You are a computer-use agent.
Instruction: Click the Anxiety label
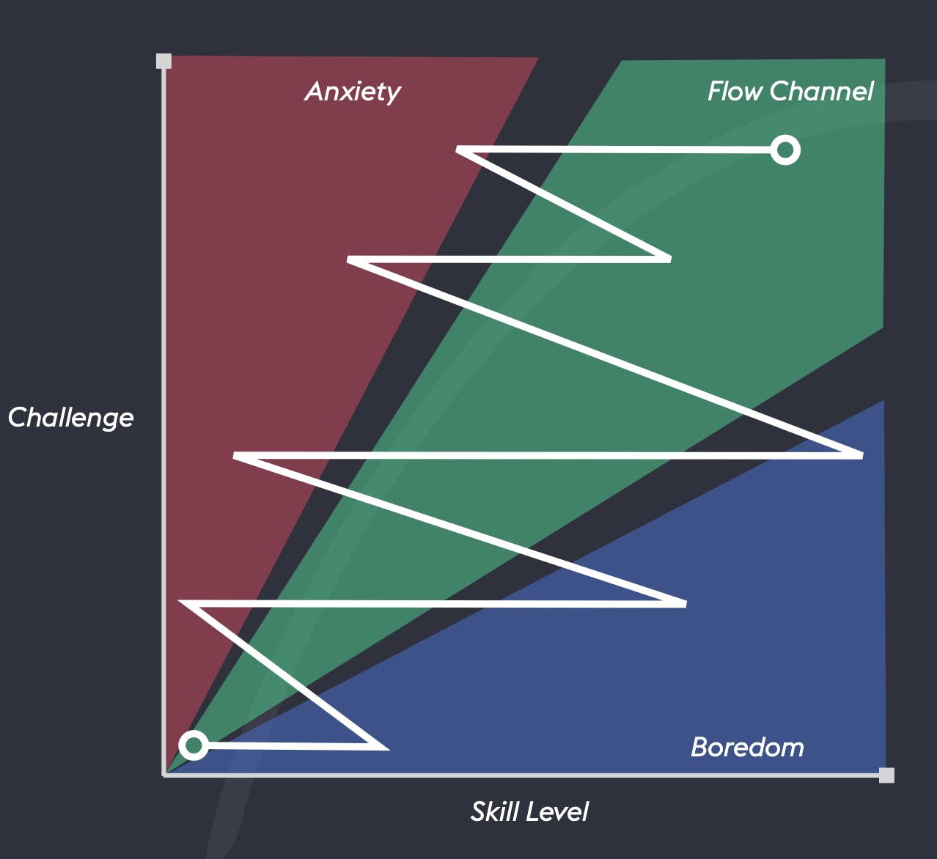tap(353, 92)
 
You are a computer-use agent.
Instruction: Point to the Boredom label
tap(747, 748)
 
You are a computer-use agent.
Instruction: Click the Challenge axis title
tap(70, 418)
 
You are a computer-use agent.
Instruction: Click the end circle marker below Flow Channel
tap(785, 150)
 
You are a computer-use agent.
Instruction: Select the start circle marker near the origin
tap(194, 745)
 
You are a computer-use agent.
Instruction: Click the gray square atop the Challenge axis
tap(163, 61)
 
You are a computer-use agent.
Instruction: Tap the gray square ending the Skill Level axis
tap(886, 775)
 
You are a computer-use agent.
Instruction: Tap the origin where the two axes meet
tap(163, 775)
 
